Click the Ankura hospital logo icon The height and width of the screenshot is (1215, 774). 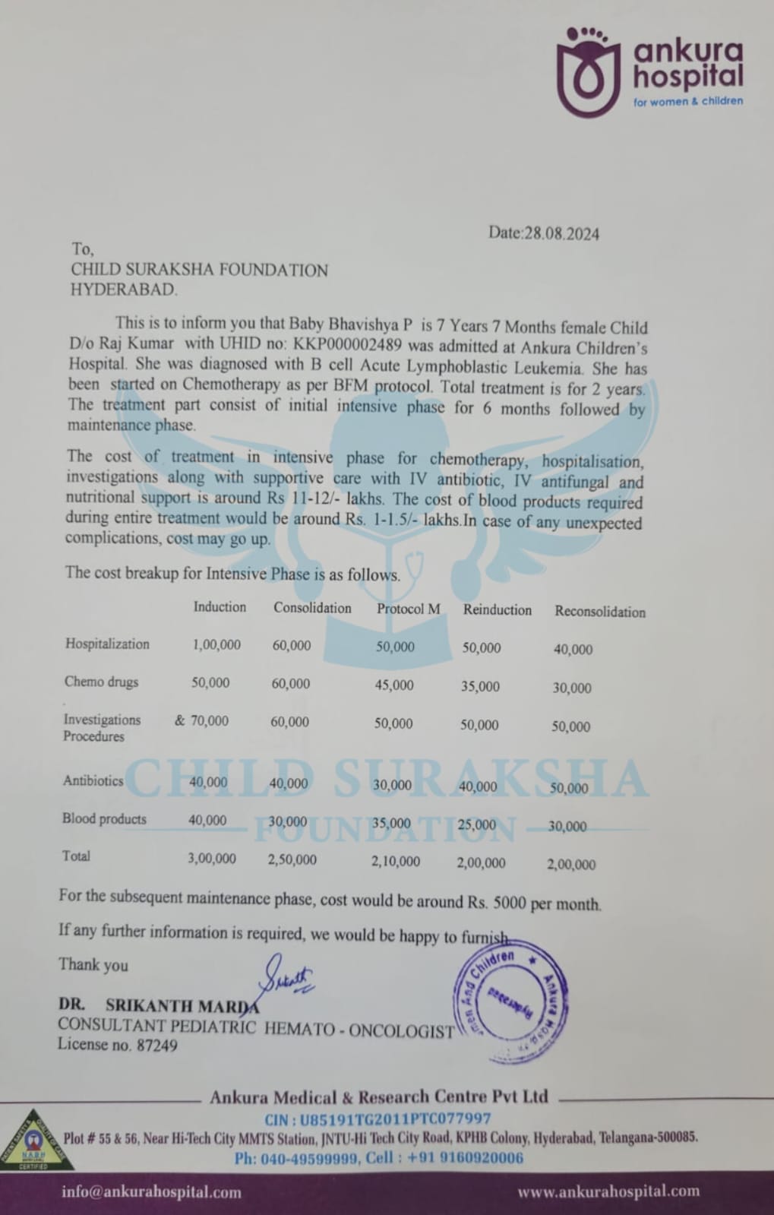click(x=588, y=73)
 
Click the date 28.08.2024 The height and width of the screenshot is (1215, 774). click(x=561, y=234)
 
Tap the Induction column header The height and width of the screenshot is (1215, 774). click(x=220, y=606)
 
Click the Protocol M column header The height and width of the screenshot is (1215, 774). click(x=408, y=609)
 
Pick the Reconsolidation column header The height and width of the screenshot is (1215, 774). click(x=599, y=612)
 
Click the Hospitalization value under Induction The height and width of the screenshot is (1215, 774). click(x=216, y=644)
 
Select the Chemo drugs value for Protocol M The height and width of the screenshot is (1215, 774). click(x=394, y=685)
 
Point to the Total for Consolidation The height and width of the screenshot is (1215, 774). click(x=292, y=859)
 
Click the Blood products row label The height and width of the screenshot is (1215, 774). click(x=104, y=819)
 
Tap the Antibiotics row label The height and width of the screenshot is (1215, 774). click(x=93, y=780)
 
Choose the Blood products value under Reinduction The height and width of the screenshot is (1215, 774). click(x=477, y=824)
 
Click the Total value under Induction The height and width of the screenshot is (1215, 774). click(x=212, y=859)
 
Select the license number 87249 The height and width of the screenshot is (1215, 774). click(x=156, y=1046)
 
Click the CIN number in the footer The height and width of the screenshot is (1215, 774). click(x=395, y=1118)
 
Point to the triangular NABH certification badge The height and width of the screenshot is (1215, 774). click(x=33, y=1141)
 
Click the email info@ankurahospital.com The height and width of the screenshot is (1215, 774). click(x=151, y=1191)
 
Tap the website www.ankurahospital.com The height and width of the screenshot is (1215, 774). click(x=608, y=1191)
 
